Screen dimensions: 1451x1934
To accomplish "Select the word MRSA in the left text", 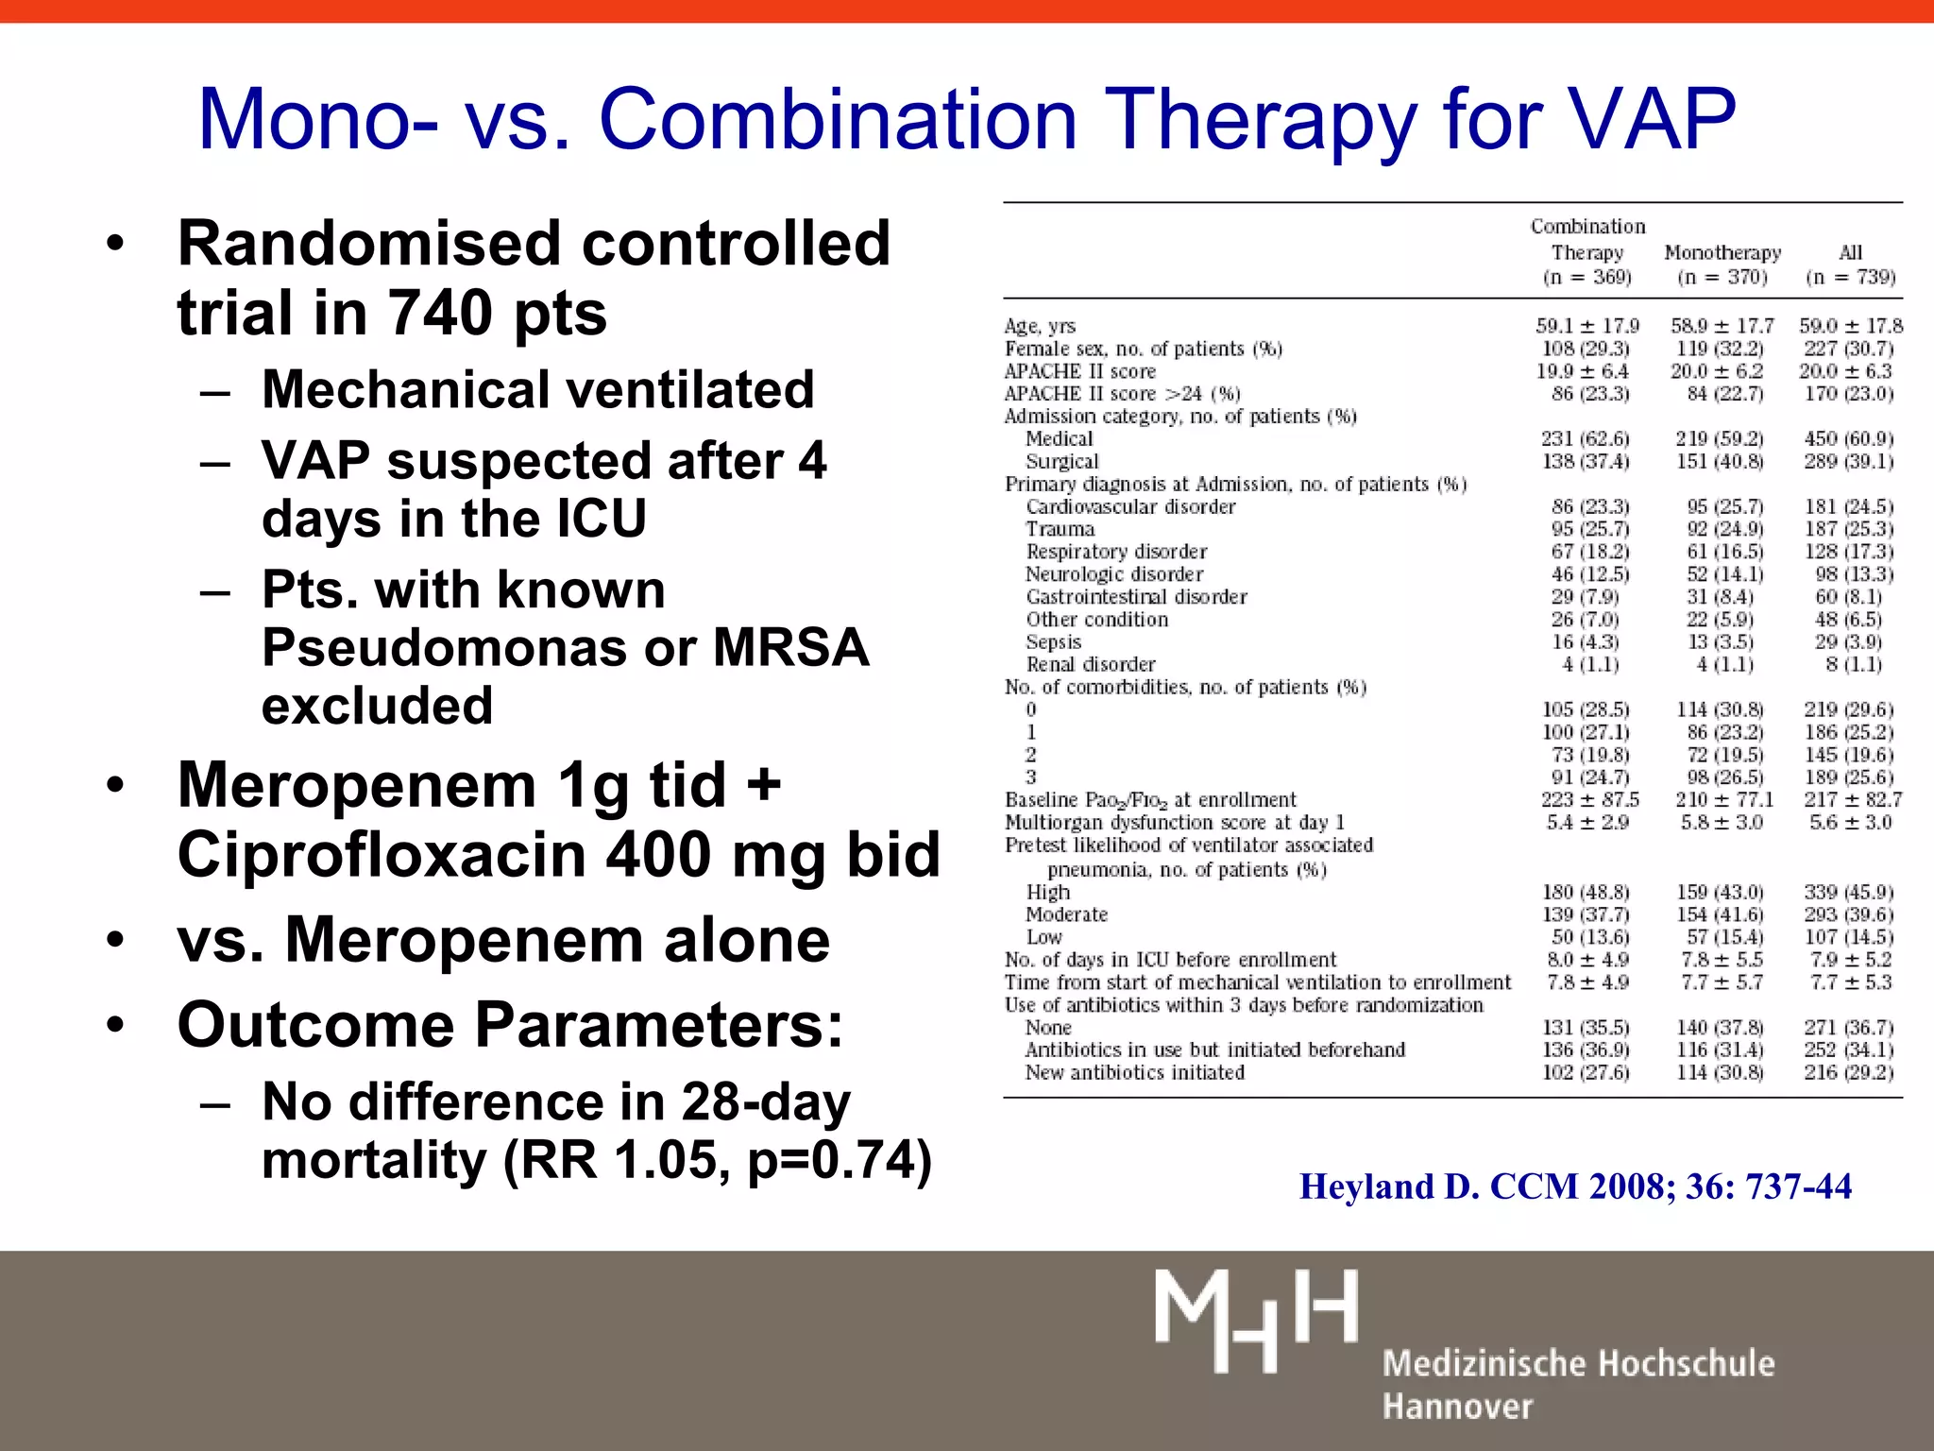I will point(790,648).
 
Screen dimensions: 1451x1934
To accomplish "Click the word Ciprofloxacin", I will point(382,855).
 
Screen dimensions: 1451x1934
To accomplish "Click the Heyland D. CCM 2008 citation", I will point(1575,1186).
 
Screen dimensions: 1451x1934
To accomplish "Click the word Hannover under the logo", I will point(1457,1407).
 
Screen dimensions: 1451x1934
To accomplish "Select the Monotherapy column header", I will point(1722,252).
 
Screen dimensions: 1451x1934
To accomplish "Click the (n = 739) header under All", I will point(1850,277).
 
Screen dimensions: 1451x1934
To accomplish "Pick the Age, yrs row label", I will point(1040,326).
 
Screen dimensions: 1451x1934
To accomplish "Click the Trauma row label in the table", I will point(1060,529).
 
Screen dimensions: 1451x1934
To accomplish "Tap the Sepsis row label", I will point(1053,642).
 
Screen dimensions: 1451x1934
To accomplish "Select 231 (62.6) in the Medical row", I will point(1586,439).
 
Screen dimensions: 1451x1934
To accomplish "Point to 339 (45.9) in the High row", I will point(1848,893).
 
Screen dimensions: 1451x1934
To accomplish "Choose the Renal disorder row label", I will point(1090,665).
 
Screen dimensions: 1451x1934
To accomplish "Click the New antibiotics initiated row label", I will point(1134,1073).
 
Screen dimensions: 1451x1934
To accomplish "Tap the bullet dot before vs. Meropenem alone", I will point(115,941).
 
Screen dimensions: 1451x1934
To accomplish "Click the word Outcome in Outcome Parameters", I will point(316,1025).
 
